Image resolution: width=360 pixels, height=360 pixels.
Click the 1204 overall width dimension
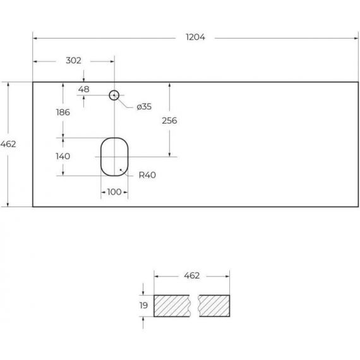click(x=195, y=37)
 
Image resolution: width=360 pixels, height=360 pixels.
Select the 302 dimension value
click(x=73, y=61)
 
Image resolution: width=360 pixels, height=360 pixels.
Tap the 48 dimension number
click(x=83, y=89)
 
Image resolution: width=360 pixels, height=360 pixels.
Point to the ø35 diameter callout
click(x=144, y=107)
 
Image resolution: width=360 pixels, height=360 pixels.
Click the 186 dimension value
click(x=63, y=112)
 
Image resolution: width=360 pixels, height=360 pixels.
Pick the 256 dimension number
click(x=169, y=121)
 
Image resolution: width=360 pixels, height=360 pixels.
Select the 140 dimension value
click(x=63, y=157)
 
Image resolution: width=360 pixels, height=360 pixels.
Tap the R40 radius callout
click(x=147, y=175)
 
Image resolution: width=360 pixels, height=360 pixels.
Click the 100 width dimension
click(x=114, y=192)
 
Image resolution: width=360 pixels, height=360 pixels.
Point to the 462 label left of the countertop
click(x=8, y=144)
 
